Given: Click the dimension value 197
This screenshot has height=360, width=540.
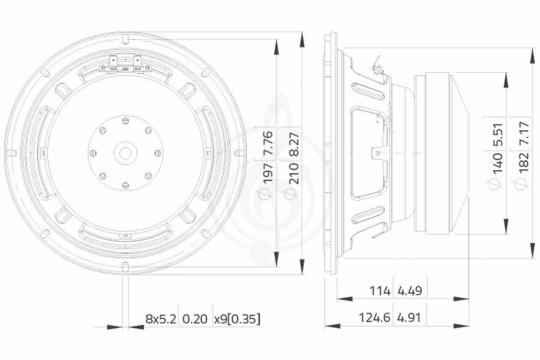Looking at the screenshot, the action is click(x=268, y=172).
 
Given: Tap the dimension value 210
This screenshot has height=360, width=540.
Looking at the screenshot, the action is click(x=293, y=172).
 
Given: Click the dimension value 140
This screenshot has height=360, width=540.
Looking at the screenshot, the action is click(x=497, y=163).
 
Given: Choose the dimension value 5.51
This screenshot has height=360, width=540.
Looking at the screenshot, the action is click(x=497, y=135).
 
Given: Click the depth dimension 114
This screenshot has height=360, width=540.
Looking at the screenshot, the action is click(x=380, y=291).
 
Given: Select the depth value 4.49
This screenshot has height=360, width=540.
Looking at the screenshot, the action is click(x=410, y=291).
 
